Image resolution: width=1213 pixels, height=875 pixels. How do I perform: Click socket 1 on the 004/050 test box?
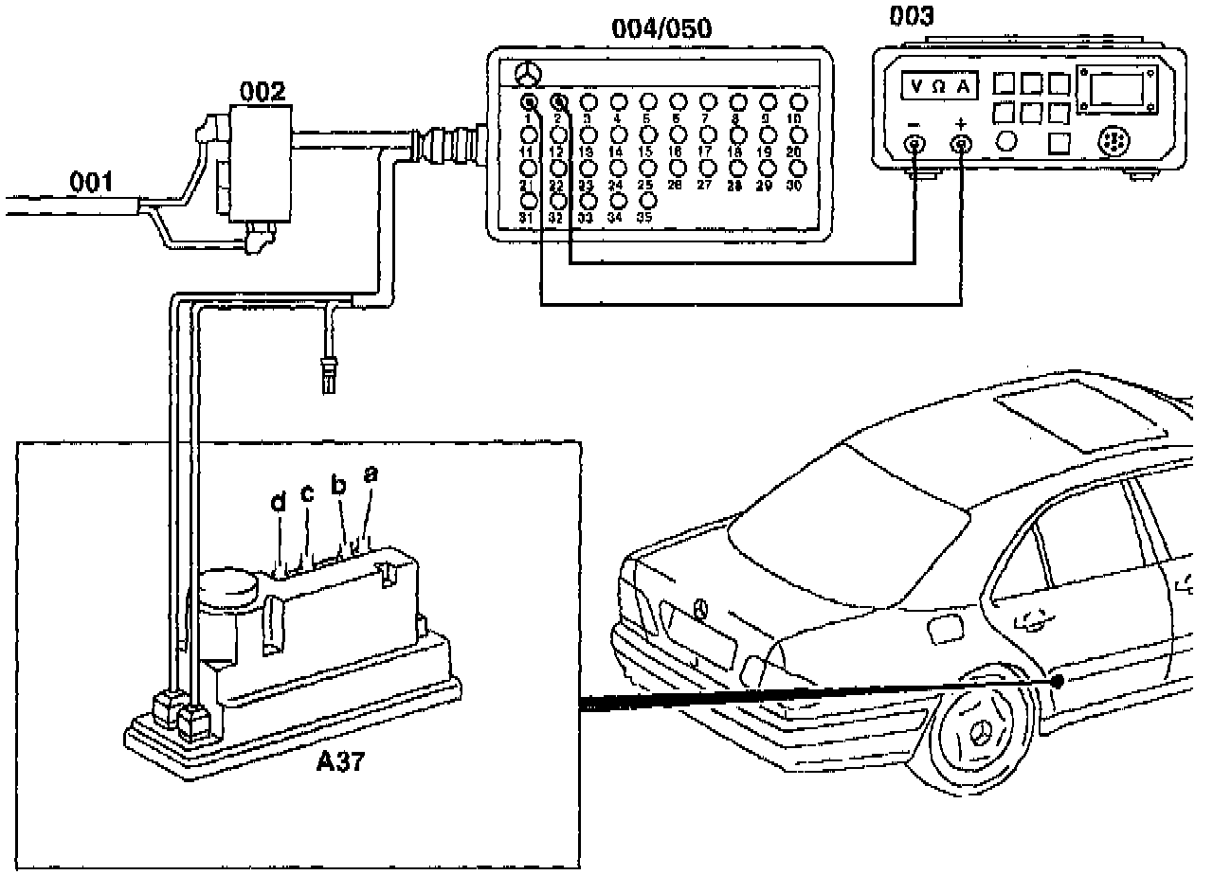pos(530,102)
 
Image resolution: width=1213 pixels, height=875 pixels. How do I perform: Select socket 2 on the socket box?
pos(559,102)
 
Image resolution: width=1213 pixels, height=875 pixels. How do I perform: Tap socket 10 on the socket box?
pos(799,102)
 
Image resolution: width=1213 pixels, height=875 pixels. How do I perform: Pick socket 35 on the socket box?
pos(648,201)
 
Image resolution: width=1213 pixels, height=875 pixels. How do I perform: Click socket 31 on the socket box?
pos(530,201)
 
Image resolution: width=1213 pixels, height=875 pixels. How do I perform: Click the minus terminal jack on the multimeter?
pos(915,145)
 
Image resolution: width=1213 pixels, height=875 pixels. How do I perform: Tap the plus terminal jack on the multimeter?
pos(963,145)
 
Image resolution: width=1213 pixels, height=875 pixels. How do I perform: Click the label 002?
pos(263,91)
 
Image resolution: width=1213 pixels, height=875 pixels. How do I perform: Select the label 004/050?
pos(661,28)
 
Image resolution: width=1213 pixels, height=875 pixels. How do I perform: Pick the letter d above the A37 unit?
pos(278,504)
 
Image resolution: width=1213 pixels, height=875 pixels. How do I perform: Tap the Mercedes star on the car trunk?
pos(701,609)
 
